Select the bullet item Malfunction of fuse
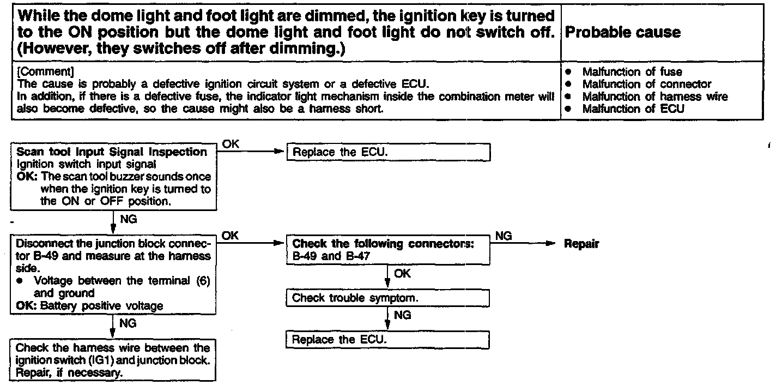[632, 71]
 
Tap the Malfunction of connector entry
[646, 84]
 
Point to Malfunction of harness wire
[654, 97]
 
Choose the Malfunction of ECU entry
[633, 109]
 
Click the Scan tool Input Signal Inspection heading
[112, 152]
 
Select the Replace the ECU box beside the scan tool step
[389, 152]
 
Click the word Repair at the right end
[581, 244]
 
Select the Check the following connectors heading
[383, 243]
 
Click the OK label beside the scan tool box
[231, 143]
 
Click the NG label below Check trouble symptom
[402, 315]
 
